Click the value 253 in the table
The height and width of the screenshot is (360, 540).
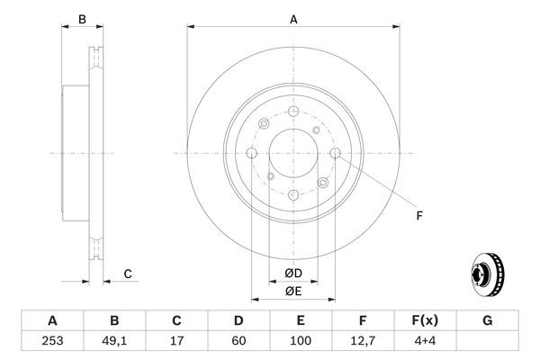[52, 342]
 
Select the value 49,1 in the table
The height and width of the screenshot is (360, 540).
[114, 342]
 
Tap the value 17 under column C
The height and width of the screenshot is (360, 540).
[176, 342]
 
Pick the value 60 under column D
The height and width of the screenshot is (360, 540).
[238, 342]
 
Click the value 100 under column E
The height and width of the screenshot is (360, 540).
[301, 342]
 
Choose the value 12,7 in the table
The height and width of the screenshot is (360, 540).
[363, 342]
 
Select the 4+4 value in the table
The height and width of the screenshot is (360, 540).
[425, 342]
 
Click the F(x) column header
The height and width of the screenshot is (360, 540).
[425, 320]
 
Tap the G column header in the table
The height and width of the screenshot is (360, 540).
[487, 320]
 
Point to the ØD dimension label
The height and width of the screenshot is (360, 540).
[292, 273]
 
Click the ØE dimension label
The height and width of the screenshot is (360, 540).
[292, 291]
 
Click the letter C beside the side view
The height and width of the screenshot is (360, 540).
[128, 273]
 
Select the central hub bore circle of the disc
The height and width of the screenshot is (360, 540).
[292, 153]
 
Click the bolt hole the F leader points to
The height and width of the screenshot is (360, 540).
[336, 154]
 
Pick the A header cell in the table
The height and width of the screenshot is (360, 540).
[52, 320]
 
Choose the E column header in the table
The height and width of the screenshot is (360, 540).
[301, 320]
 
